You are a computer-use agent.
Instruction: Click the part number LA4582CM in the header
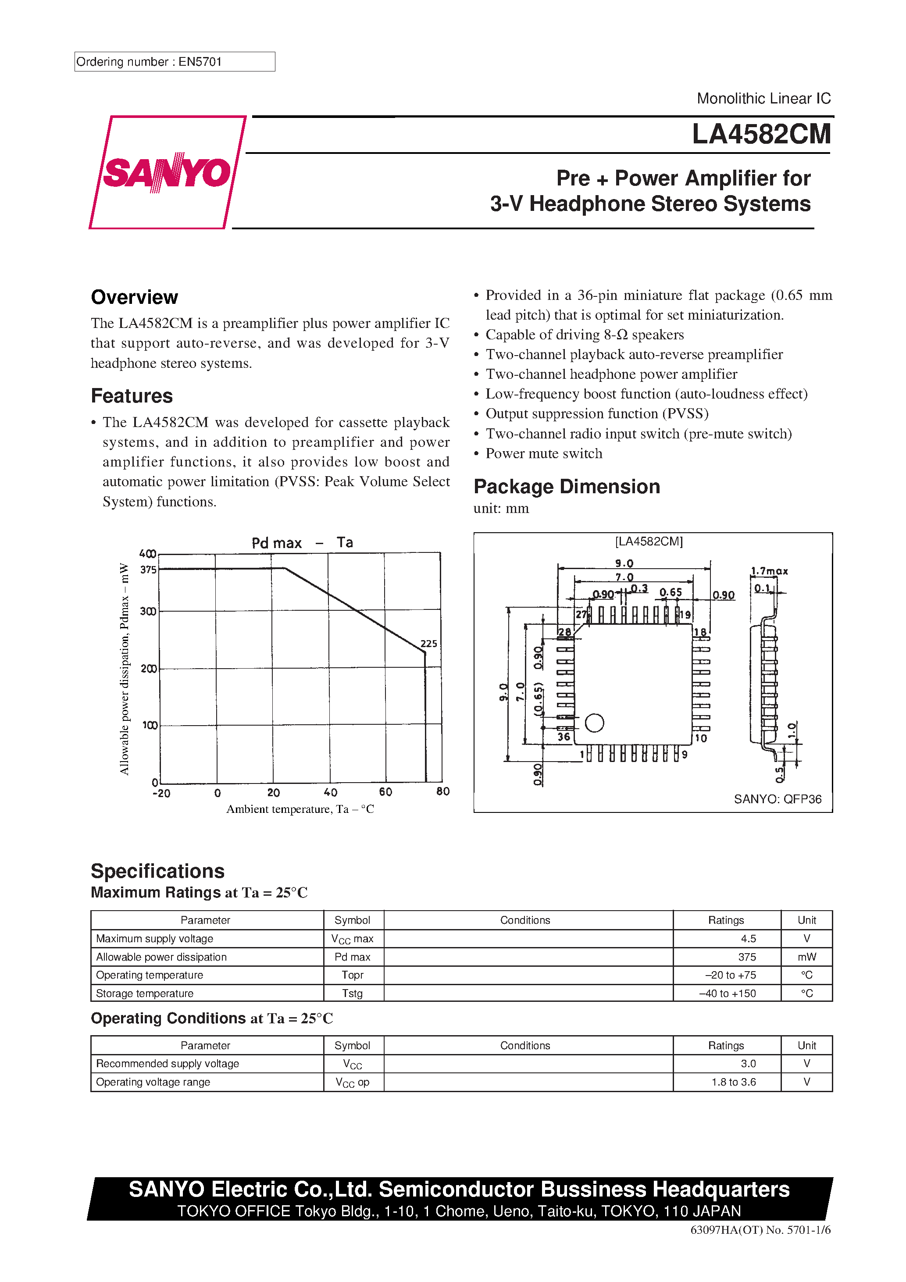[x=761, y=135]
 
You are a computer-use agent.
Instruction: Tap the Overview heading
[x=134, y=297]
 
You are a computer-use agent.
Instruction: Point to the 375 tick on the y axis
[x=148, y=570]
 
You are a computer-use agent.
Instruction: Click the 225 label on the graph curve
[x=428, y=643]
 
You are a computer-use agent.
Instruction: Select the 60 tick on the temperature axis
[x=385, y=792]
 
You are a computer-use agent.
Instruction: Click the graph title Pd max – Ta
[x=302, y=542]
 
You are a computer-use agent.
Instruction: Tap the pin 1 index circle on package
[x=594, y=723]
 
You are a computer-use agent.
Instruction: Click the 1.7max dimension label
[x=769, y=571]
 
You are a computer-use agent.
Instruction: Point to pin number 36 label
[x=564, y=737]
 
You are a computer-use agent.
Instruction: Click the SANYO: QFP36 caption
[x=777, y=799]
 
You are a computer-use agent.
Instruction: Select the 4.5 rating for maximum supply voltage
[x=748, y=939]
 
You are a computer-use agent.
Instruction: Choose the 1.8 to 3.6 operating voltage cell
[x=733, y=1082]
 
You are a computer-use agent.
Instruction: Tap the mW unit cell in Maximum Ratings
[x=806, y=957]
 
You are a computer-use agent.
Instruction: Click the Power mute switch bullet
[x=543, y=453]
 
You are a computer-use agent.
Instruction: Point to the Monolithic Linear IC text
[x=763, y=98]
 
